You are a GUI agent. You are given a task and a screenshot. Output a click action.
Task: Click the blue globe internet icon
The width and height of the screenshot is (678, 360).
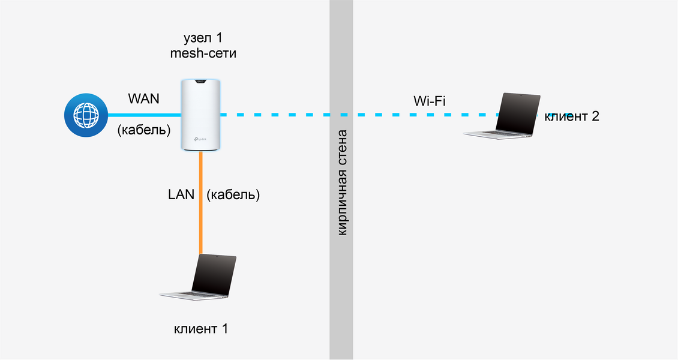[86, 115]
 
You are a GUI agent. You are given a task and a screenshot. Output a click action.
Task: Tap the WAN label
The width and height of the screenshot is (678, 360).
[143, 98]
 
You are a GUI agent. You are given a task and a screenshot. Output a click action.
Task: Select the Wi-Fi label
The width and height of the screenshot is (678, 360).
[430, 100]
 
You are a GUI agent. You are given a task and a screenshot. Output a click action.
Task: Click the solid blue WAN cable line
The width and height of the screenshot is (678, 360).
[144, 115]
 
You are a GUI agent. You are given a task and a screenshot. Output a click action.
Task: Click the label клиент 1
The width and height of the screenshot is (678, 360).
[201, 329]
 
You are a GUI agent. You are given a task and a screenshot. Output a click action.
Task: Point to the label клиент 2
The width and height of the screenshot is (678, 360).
[571, 116]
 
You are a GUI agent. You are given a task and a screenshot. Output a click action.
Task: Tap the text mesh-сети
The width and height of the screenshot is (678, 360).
[202, 54]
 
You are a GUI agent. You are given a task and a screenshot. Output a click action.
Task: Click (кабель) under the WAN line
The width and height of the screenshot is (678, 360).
[144, 130]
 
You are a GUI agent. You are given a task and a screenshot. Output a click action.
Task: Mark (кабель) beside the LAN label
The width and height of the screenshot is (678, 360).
[233, 194]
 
